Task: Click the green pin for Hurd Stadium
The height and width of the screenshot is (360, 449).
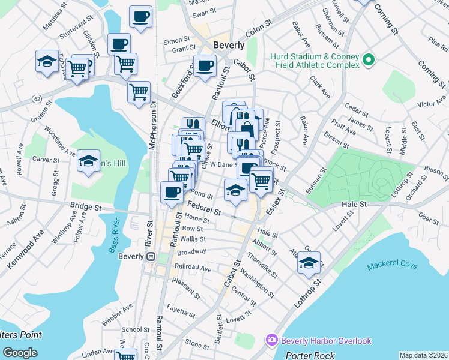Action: [x=369, y=60]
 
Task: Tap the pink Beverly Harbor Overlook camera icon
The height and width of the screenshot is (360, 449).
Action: [x=271, y=341]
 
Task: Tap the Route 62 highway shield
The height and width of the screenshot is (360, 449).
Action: [x=37, y=98]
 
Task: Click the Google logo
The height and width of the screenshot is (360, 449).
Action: [x=20, y=353]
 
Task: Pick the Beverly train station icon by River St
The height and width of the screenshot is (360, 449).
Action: [x=151, y=256]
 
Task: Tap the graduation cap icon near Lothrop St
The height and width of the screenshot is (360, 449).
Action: [x=309, y=262]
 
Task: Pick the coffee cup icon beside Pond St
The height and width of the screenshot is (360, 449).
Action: [x=172, y=192]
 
